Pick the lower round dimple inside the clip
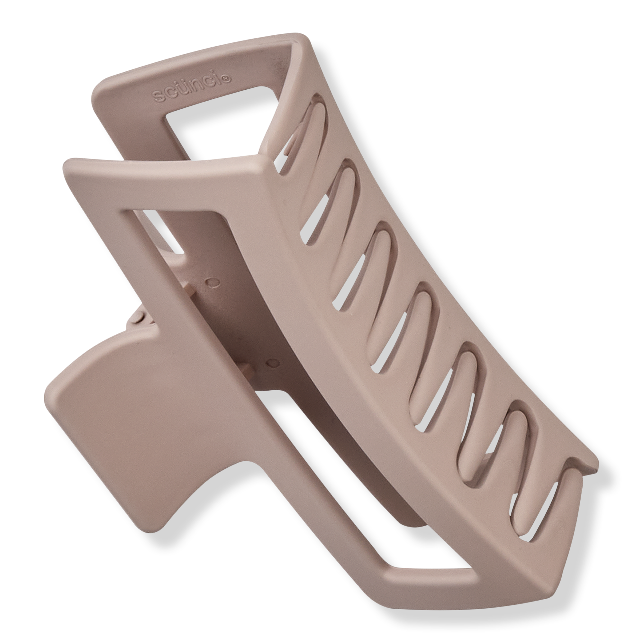(x=274, y=362)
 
